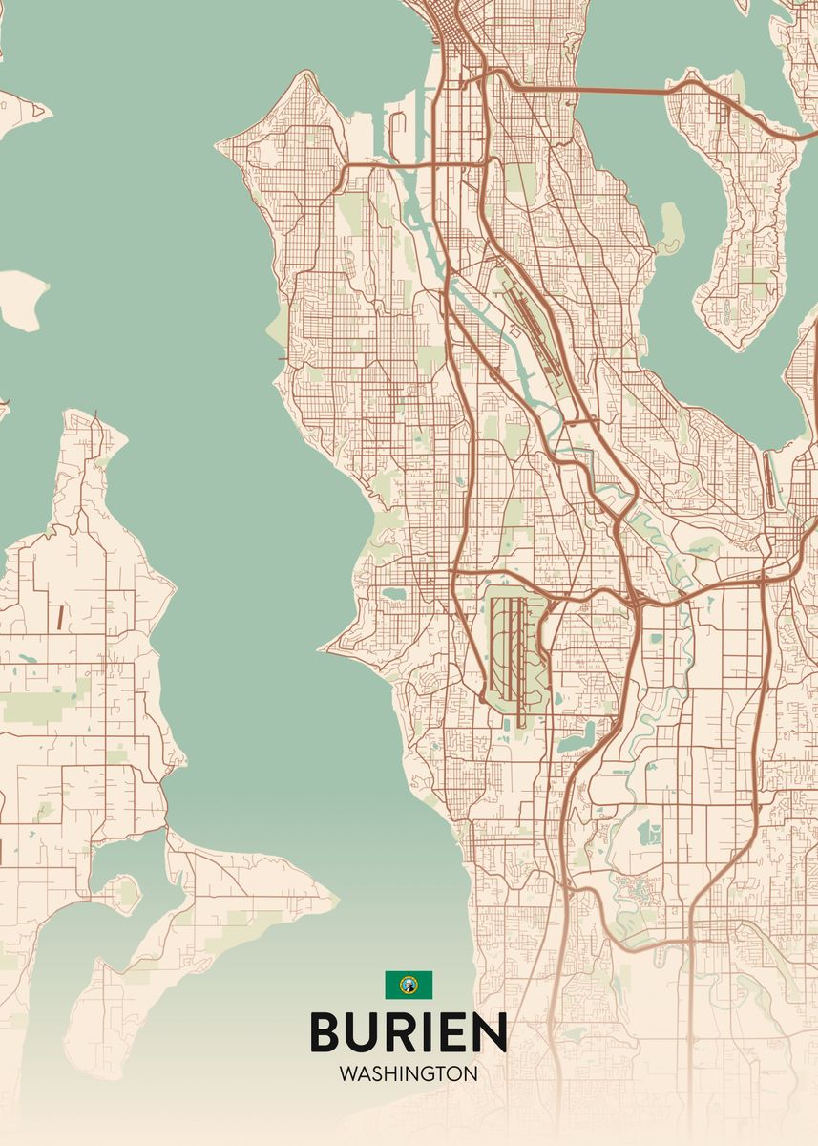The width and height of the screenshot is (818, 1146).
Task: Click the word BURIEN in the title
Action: click(408, 1031)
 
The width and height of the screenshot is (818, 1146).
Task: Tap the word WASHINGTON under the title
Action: click(408, 1073)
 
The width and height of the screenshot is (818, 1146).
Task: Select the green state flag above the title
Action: click(409, 985)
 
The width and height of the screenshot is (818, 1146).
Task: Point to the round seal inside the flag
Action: click(409, 985)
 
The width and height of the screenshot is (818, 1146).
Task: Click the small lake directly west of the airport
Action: click(392, 594)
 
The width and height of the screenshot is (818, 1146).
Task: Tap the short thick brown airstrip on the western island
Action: click(59, 618)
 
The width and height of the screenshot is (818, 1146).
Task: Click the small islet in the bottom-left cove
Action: click(125, 891)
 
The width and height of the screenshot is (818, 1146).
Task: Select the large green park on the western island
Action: click(29, 707)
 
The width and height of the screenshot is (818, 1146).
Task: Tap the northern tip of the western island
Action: click(95, 415)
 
